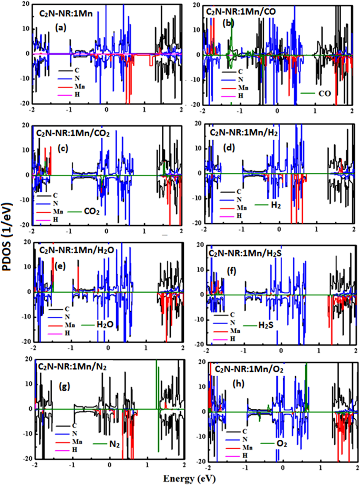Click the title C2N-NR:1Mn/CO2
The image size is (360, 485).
71,132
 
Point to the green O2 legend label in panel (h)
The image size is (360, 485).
282,444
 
